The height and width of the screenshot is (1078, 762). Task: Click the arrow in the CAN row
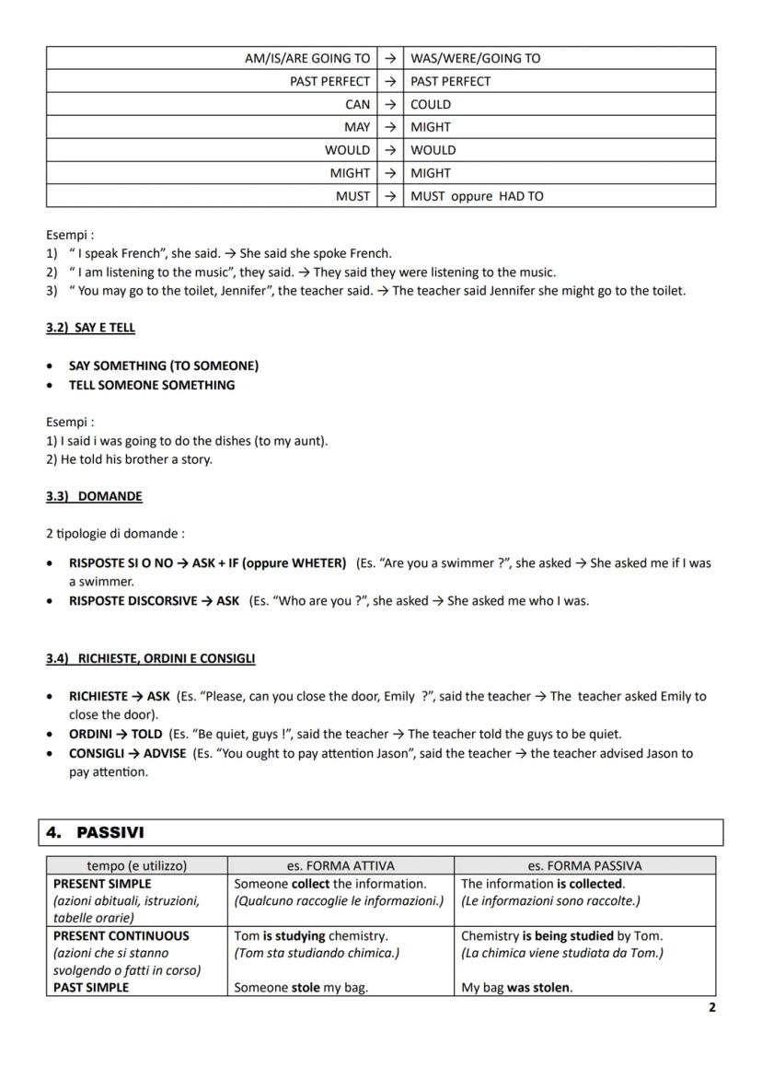click(x=389, y=104)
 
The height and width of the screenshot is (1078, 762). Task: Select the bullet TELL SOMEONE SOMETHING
click(x=152, y=385)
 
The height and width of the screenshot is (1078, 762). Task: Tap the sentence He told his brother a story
click(x=136, y=459)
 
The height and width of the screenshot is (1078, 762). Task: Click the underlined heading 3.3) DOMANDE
click(x=94, y=496)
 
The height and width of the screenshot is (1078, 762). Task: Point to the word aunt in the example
click(x=306, y=441)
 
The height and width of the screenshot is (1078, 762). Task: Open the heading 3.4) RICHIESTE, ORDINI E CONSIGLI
click(x=151, y=658)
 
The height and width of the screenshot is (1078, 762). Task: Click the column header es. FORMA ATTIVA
click(x=340, y=865)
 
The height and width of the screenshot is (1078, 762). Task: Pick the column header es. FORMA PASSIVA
click(x=583, y=865)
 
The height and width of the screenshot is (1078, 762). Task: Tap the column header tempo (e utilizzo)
click(x=136, y=865)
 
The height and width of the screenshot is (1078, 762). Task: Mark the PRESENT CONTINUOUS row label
click(x=121, y=935)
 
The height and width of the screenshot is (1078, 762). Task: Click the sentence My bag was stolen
click(x=515, y=988)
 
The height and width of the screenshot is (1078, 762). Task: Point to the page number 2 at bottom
click(x=711, y=1007)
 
